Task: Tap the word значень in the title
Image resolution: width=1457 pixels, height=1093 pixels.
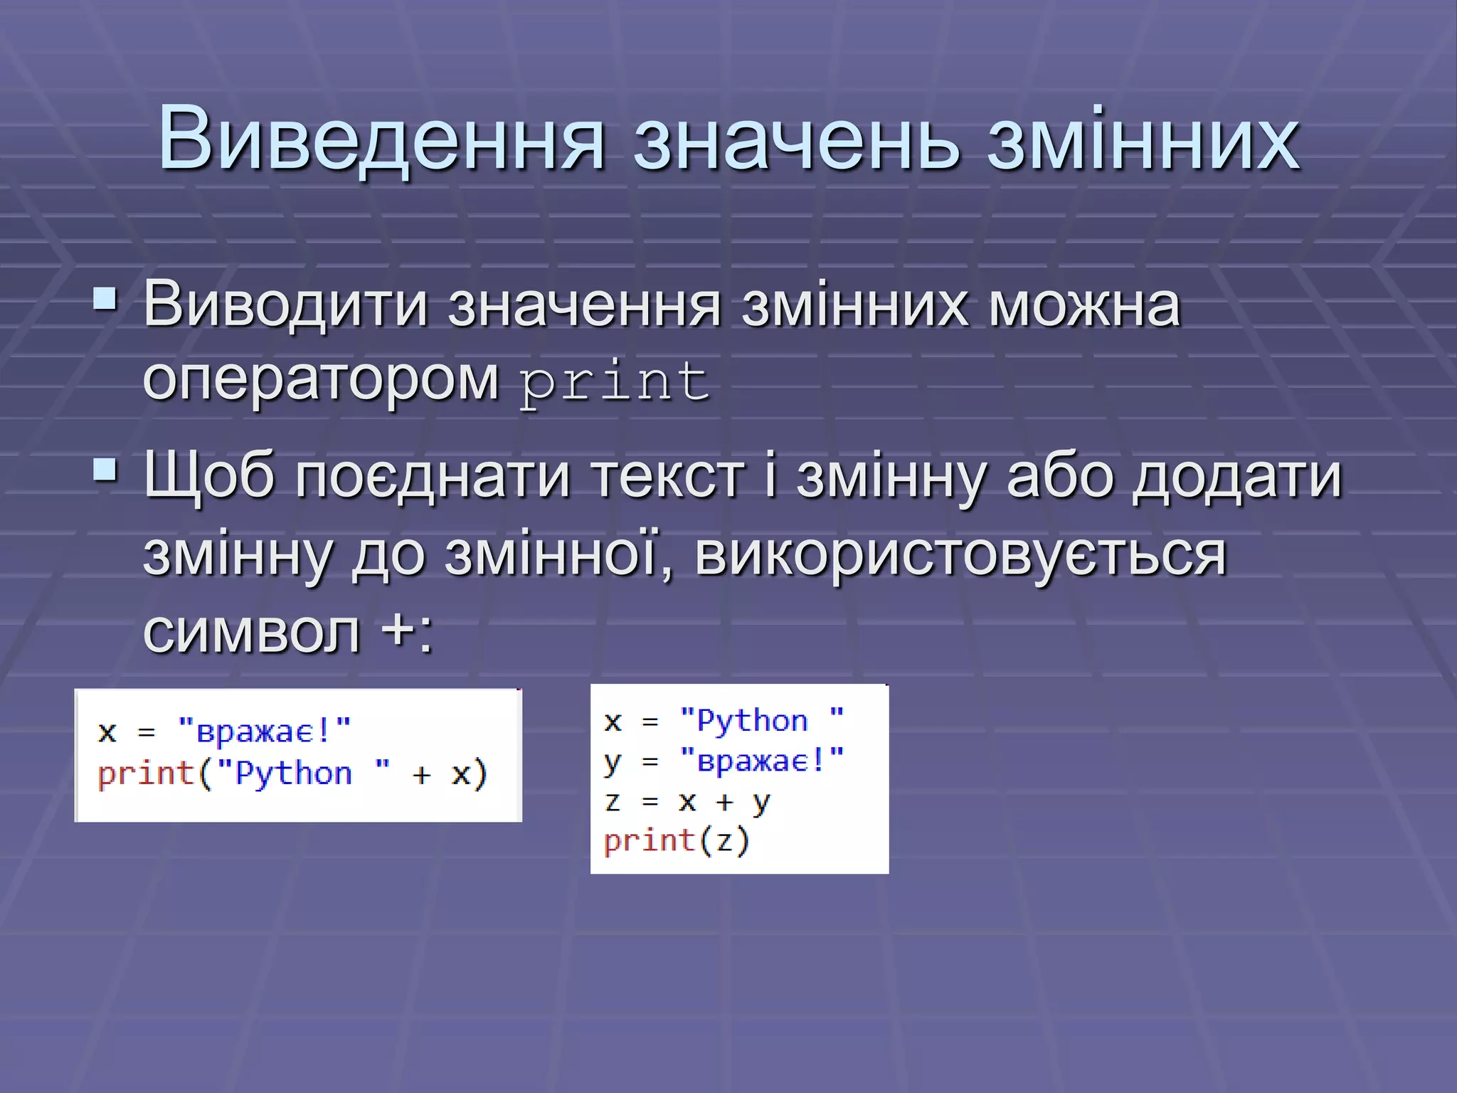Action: coord(796,141)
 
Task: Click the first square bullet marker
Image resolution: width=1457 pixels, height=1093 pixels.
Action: coord(105,300)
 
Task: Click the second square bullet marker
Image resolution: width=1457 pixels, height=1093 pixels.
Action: coord(105,470)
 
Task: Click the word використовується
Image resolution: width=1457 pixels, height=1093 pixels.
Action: coord(960,555)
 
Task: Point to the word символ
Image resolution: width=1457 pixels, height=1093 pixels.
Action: coord(252,631)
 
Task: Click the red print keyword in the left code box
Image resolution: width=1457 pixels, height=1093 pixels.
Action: coord(146,773)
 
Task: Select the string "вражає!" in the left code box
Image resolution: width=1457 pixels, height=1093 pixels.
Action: coord(264,731)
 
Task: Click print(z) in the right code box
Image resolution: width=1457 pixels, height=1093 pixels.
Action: coord(677,841)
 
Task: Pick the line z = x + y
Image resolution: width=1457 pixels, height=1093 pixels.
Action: coord(687,802)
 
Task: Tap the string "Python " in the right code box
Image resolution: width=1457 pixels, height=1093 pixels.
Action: coord(761,721)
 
